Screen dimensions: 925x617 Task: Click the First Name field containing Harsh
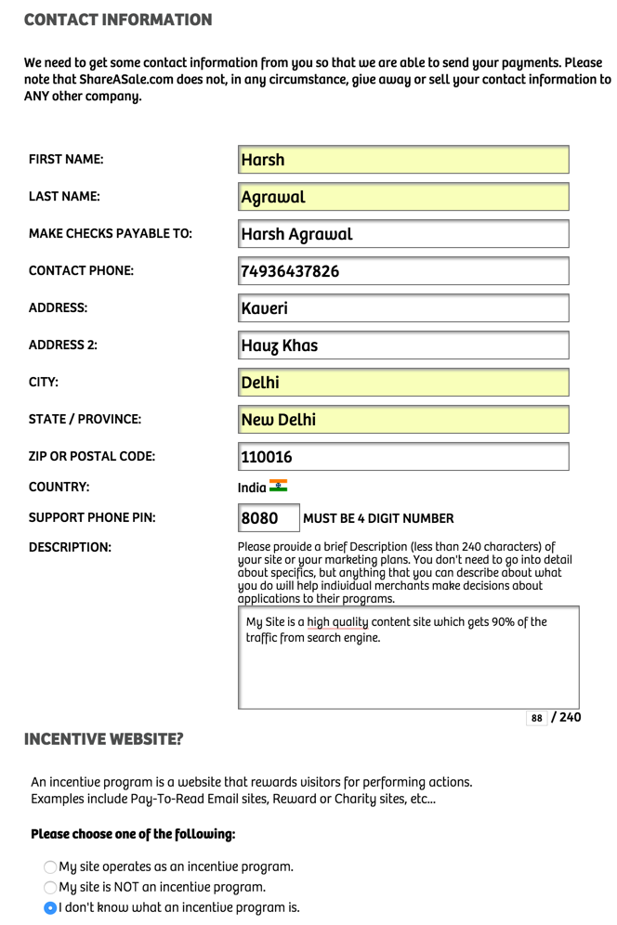(402, 160)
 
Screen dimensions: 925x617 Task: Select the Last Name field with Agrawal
(402, 197)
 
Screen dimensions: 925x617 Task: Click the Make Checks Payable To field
(402, 234)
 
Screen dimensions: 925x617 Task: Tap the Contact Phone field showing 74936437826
(402, 271)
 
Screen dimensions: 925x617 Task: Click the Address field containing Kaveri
(402, 308)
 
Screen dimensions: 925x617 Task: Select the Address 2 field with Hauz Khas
(402, 345)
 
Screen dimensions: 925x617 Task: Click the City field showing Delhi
(402, 383)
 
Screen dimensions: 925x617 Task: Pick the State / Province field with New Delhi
(402, 420)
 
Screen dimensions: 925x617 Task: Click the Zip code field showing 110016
(402, 457)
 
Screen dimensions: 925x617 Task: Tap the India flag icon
(278, 486)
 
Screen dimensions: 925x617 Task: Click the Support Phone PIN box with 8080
(269, 518)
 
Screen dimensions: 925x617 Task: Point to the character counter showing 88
(536, 718)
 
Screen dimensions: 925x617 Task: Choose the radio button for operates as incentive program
(50, 866)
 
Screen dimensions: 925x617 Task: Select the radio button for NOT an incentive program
(50, 887)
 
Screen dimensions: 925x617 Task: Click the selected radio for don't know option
(50, 907)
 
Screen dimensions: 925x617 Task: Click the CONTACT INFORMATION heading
(118, 20)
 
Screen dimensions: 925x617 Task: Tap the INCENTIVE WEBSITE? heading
(103, 739)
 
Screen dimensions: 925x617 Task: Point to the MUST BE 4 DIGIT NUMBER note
(378, 518)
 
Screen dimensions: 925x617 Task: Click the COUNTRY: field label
(59, 487)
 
